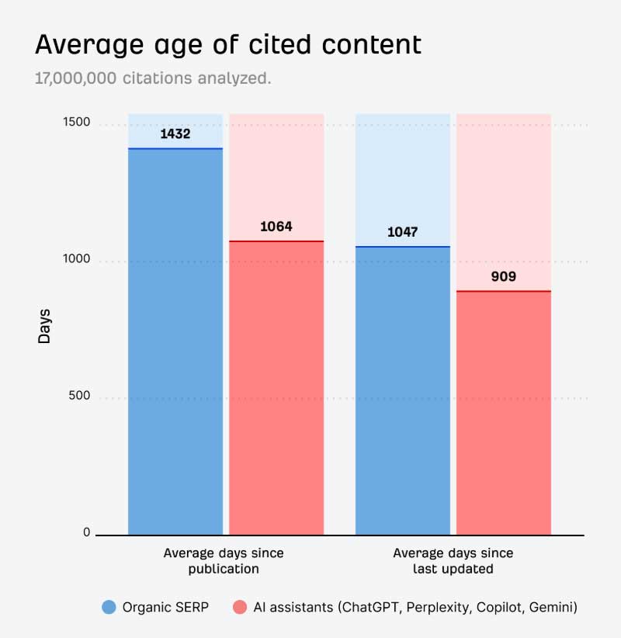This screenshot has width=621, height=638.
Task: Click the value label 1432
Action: [x=175, y=133]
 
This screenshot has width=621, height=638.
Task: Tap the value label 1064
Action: [x=276, y=227]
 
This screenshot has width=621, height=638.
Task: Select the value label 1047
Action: [x=403, y=232]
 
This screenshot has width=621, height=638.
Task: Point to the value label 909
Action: [x=503, y=276]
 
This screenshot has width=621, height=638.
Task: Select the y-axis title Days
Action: [x=45, y=326]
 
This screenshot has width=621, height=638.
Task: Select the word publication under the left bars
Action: [x=224, y=569]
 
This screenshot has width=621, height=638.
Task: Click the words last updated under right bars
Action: [x=453, y=569]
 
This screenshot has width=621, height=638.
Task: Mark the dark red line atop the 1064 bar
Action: [x=276, y=241]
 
